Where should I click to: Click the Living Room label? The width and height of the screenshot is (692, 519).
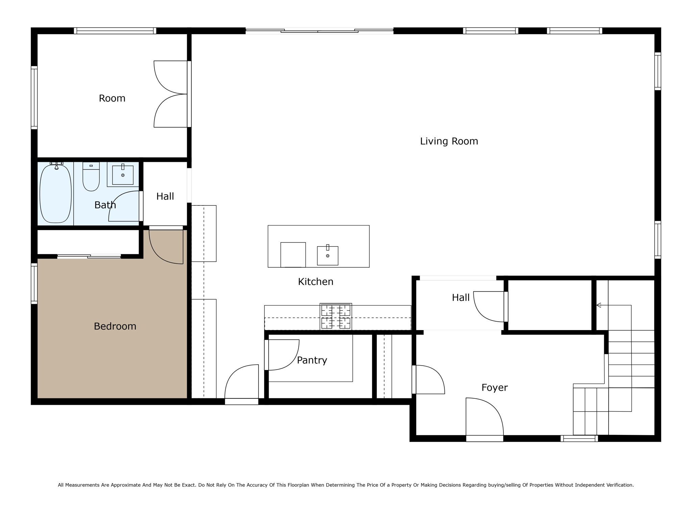click(x=449, y=141)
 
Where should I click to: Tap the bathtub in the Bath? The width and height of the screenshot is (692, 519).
click(x=56, y=194)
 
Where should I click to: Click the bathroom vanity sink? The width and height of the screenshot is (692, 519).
click(x=123, y=175)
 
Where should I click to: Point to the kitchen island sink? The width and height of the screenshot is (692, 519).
click(x=327, y=255)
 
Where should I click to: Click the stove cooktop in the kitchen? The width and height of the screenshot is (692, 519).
click(x=336, y=317)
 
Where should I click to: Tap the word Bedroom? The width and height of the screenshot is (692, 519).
click(x=115, y=326)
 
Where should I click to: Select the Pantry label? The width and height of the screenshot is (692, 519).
click(x=312, y=360)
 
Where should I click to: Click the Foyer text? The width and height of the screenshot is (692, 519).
click(x=494, y=388)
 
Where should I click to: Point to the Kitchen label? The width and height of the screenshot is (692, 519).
click(x=316, y=282)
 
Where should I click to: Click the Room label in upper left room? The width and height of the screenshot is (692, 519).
click(x=112, y=98)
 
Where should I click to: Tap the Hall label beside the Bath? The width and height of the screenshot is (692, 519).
click(x=165, y=196)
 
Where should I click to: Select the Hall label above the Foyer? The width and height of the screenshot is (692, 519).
click(x=461, y=298)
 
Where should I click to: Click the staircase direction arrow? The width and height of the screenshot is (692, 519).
click(x=598, y=305)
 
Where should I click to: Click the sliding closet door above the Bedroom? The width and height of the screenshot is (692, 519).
click(x=89, y=256)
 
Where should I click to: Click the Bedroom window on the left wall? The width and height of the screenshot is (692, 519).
click(x=34, y=283)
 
